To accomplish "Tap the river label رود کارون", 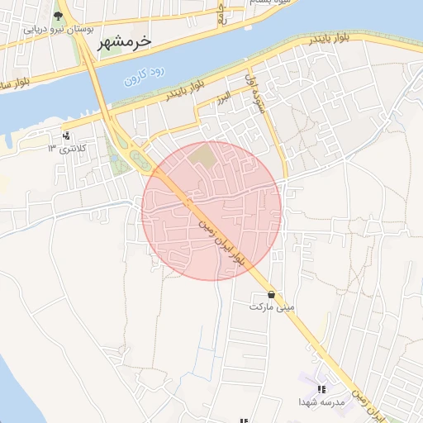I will coord(145,76).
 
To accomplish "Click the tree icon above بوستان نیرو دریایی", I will coord(58,16).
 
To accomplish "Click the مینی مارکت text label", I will coord(272,307).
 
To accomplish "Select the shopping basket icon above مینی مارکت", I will coord(272,294).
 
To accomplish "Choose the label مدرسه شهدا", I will coord(321,402).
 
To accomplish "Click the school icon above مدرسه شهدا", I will coord(321,389).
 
